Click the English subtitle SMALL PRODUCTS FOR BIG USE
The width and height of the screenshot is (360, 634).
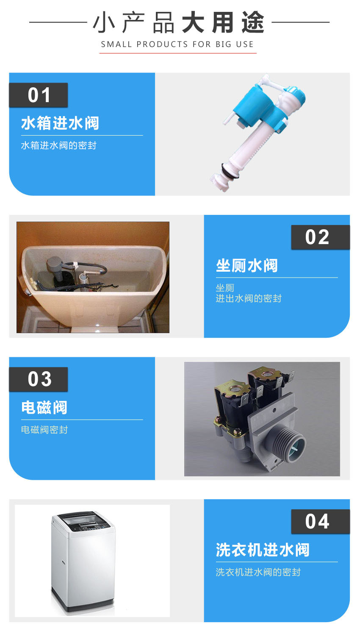pos(177,44)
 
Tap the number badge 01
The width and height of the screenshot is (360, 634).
pos(39,95)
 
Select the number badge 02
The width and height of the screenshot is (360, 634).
pos(317,237)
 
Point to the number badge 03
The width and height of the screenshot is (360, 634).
pos(39,379)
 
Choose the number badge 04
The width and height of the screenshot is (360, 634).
pos(317,522)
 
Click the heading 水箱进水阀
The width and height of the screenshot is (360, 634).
pos(60,123)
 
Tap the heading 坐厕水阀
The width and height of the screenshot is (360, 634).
pos(247,266)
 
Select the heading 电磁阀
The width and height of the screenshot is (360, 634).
pos(44,408)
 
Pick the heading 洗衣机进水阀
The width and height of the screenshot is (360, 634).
pos(263,550)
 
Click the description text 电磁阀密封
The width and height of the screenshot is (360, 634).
pos(44,430)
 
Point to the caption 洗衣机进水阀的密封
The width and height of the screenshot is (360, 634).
pos(258,572)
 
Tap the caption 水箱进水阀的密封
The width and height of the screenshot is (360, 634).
pos(59,145)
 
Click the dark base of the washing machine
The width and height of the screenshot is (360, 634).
pos(83,604)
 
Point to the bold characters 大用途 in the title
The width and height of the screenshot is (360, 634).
pos(223,22)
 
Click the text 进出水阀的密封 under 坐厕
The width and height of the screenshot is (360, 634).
pos(249,298)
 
